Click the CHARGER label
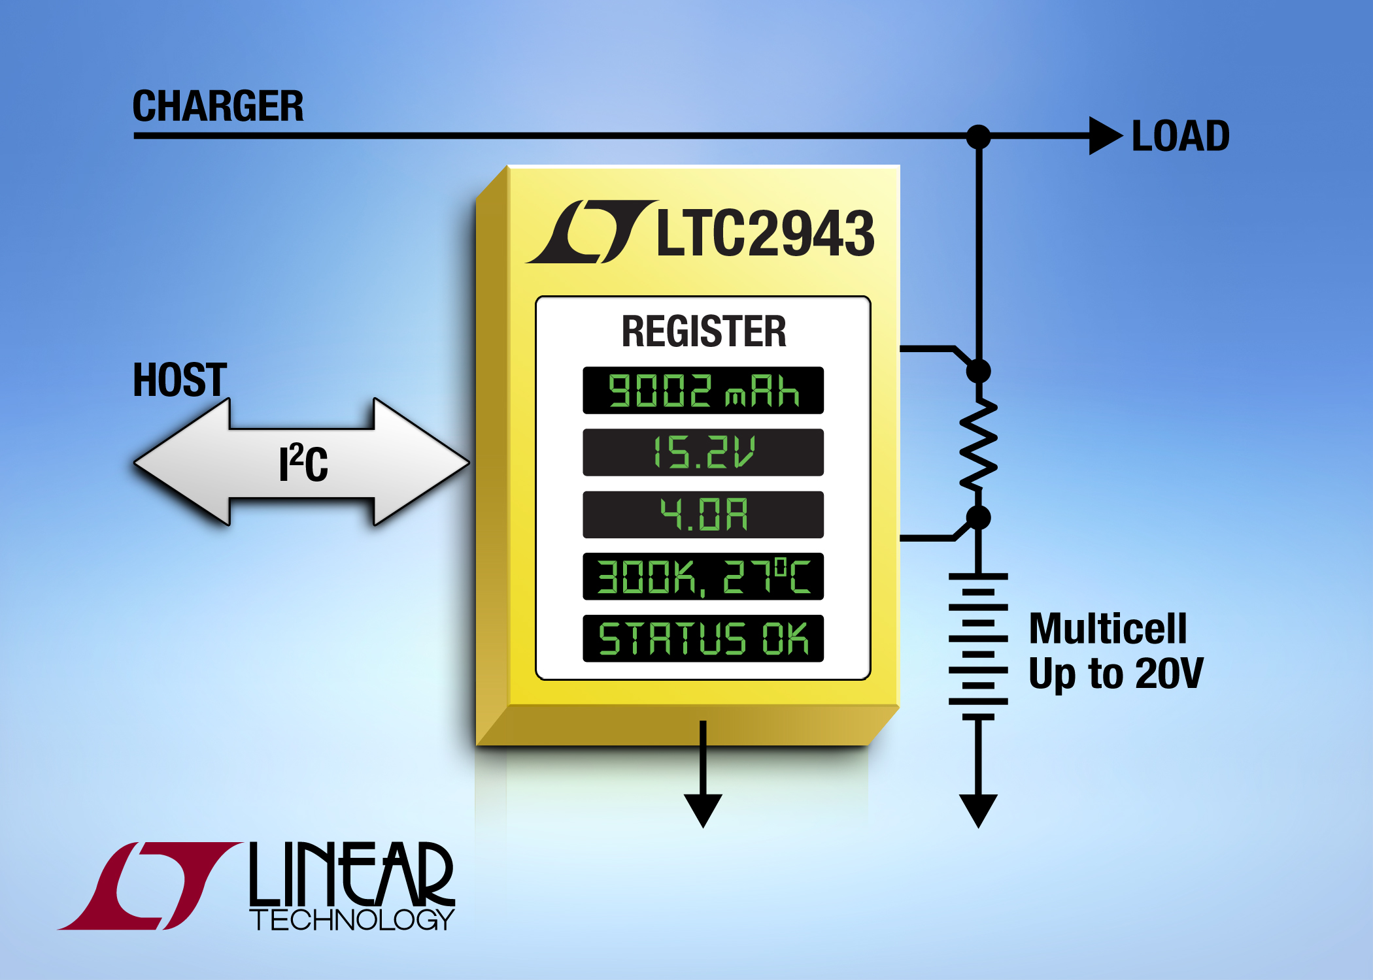[x=218, y=106]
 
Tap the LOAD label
[x=1181, y=136]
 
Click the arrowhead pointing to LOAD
[x=1106, y=136]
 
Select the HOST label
[x=180, y=380]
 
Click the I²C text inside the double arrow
[x=303, y=463]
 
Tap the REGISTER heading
[x=703, y=331]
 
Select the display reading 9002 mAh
[x=703, y=391]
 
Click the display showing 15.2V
[x=703, y=452]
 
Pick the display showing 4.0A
[x=703, y=514]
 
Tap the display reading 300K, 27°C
[x=703, y=576]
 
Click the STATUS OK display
[x=703, y=638]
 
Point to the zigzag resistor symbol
[x=978, y=444]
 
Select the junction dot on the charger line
[x=978, y=137]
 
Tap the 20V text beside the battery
[x=1169, y=673]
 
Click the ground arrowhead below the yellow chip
[x=703, y=811]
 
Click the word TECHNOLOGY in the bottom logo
[x=352, y=920]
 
